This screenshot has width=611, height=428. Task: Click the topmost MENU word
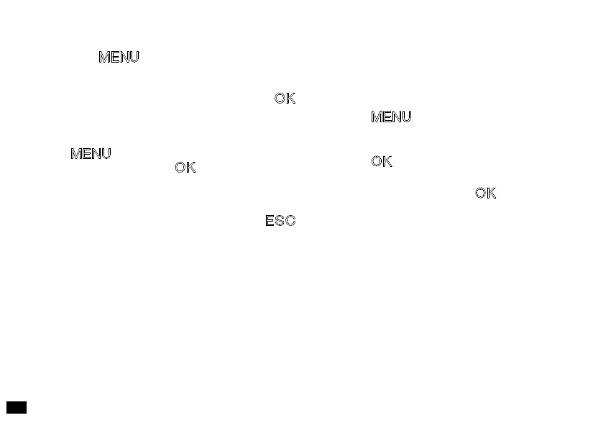click(119, 58)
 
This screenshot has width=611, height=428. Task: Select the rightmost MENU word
click(391, 117)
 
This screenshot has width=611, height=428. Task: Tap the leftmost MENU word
click(91, 154)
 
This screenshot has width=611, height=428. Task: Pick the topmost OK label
click(285, 99)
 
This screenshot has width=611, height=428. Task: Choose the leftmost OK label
click(185, 168)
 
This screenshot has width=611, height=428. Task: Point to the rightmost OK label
click(485, 193)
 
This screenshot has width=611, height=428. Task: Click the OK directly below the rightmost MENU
click(382, 162)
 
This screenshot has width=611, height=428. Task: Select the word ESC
click(280, 221)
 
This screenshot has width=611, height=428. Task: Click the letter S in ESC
click(280, 221)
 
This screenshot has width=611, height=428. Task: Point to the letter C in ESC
click(290, 221)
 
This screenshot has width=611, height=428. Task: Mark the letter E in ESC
click(270, 221)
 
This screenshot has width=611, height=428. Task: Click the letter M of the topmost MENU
click(104, 58)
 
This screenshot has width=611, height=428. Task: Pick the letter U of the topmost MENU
click(133, 58)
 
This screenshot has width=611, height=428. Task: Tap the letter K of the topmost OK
click(290, 99)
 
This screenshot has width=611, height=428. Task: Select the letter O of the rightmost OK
click(480, 193)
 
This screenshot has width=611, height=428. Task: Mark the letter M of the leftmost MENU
click(76, 154)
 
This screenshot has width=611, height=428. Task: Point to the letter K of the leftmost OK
click(190, 168)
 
